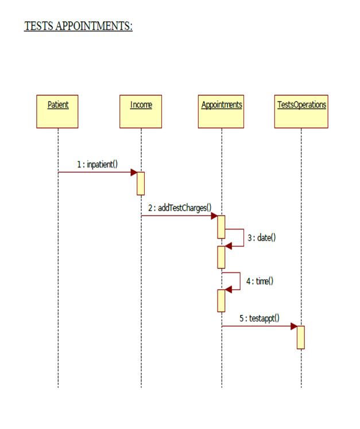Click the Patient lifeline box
point(57,111)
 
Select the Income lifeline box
point(141,111)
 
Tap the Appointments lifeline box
point(222,111)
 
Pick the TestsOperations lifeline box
point(301,111)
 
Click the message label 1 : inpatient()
point(97,165)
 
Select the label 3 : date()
point(261,237)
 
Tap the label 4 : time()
point(260,281)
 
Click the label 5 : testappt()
point(260,318)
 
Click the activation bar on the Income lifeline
point(141,184)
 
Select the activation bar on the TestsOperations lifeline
point(301,337)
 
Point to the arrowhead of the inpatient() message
point(134,172)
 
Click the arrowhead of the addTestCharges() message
point(214,216)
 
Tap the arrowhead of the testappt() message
point(294,326)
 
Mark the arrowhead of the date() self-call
point(229,246)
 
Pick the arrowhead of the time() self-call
point(229,290)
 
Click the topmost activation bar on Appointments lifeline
point(221,227)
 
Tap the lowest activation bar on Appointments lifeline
point(221,301)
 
